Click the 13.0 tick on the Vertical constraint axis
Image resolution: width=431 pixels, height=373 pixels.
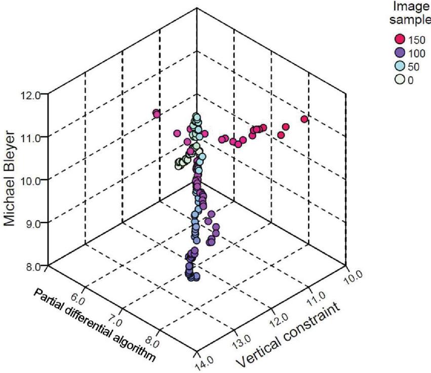[x=241, y=338]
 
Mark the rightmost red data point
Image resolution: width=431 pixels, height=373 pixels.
[x=304, y=119]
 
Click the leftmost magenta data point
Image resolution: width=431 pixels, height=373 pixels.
[x=156, y=114]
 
